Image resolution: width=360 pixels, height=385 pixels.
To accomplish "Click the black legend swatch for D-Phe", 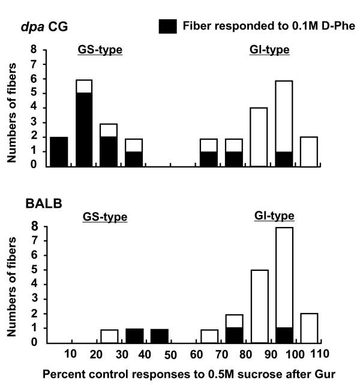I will (x=167, y=26).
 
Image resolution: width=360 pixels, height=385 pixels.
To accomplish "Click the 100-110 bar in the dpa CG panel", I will (x=308, y=151).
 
